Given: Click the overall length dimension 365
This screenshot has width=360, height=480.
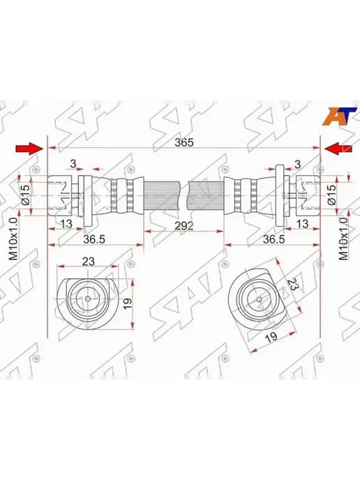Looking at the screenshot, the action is (x=184, y=142).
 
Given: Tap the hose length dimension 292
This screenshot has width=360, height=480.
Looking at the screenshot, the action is (x=184, y=226).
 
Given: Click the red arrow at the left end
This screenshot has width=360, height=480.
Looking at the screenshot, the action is (x=29, y=149).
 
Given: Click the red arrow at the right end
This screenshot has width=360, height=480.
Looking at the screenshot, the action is (x=338, y=149).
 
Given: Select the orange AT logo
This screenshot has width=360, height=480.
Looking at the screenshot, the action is (x=339, y=116).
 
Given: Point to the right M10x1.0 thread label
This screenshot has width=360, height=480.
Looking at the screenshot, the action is (x=343, y=239).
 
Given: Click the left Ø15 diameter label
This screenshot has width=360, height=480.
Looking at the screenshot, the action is (x=26, y=195).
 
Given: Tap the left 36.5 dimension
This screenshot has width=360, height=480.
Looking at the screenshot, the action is (x=94, y=239).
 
